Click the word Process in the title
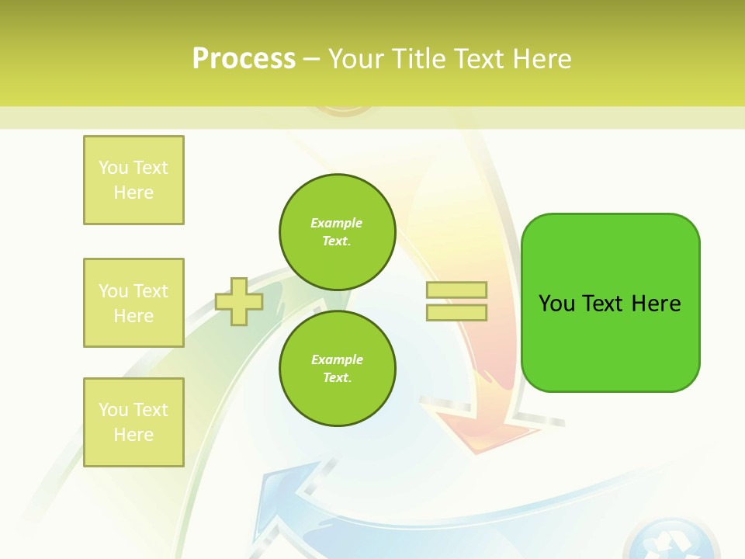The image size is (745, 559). tap(244, 58)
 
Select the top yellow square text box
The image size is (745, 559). tap(133, 180)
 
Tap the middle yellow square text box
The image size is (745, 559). tap(133, 303)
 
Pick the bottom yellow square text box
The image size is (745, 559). tap(133, 422)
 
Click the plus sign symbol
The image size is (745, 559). tap(238, 301)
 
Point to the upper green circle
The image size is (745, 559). tap(337, 232)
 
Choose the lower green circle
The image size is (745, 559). tap(337, 368)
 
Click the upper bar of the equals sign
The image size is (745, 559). tap(456, 290)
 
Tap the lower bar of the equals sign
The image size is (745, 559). tap(456, 313)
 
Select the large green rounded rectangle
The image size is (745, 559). tap(610, 303)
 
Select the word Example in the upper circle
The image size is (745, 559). tap(336, 223)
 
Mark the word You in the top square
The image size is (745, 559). tap(113, 168)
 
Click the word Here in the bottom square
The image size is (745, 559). tap(133, 435)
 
